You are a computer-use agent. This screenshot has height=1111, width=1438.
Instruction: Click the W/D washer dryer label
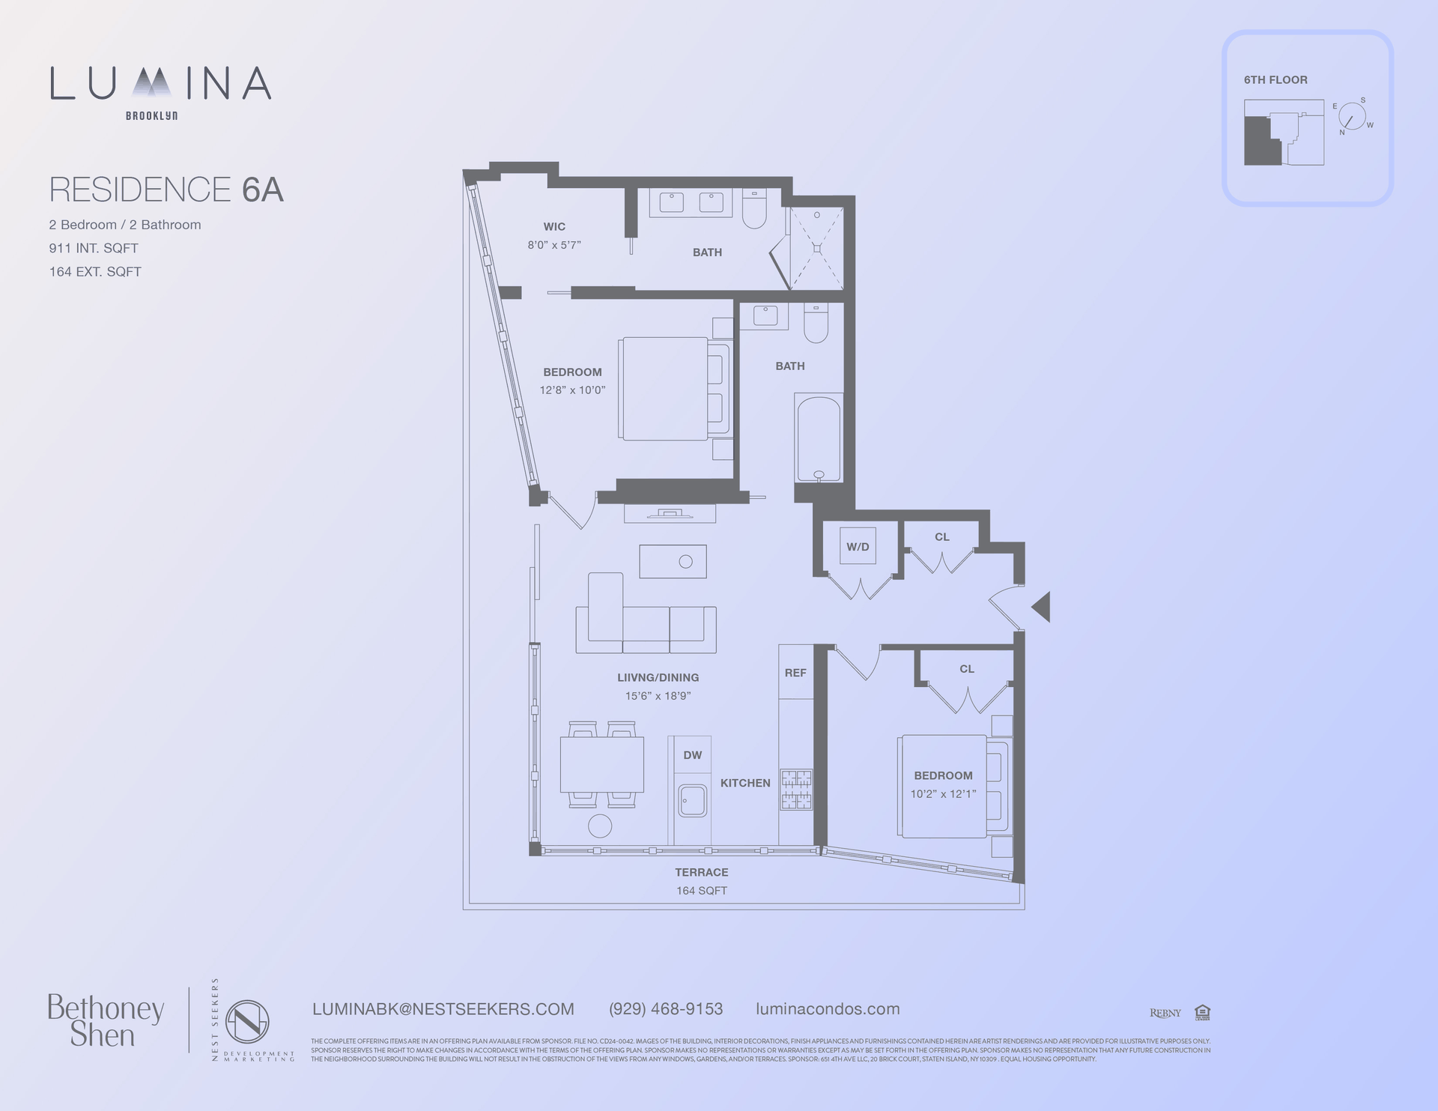(858, 547)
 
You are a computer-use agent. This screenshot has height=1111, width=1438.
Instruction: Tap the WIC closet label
(554, 226)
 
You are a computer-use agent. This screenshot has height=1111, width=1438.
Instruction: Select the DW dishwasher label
(692, 755)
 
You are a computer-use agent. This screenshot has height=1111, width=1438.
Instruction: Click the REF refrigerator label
(795, 673)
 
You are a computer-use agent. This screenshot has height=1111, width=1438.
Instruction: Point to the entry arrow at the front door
(1042, 607)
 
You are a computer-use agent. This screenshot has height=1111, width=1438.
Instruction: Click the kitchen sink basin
(692, 801)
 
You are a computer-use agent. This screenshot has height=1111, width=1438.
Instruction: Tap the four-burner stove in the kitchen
(796, 790)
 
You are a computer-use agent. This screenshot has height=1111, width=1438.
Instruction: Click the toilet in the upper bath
(754, 209)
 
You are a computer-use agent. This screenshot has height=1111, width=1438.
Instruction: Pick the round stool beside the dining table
(600, 826)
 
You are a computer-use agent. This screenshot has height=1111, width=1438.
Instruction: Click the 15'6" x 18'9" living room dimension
(658, 696)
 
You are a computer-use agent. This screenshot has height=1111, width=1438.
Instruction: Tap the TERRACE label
(701, 872)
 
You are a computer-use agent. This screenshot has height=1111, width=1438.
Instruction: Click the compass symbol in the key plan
(1352, 117)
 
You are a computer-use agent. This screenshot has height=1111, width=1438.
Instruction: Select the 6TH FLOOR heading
(1275, 80)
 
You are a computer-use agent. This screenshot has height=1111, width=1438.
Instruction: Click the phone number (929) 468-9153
(666, 1009)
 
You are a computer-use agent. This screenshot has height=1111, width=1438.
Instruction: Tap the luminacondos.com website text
(828, 1009)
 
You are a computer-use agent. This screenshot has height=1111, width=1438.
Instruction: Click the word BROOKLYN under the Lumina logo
(151, 116)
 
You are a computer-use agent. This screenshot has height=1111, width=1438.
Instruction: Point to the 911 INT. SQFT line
(94, 248)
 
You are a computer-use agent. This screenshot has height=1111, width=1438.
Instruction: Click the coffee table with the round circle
(673, 561)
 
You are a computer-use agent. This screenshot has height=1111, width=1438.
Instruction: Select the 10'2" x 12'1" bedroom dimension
(943, 794)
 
